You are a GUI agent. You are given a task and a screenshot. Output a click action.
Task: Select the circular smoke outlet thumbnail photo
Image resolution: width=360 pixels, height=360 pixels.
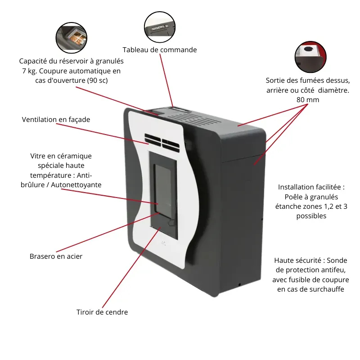tap(310, 57)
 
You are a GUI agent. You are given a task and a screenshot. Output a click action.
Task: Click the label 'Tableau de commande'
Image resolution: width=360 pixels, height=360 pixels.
tap(160, 50)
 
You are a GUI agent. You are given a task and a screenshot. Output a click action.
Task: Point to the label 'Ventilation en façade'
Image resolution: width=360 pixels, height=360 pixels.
tap(56, 120)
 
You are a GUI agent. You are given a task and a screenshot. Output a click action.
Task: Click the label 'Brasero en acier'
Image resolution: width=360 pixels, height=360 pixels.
tap(56, 256)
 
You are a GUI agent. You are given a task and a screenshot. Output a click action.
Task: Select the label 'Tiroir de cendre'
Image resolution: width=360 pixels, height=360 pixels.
tap(102, 312)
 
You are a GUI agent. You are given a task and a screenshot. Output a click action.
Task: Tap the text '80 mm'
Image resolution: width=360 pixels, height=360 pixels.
tap(308, 100)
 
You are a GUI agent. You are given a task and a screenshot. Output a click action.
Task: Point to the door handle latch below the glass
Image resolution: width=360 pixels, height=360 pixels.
tap(172, 223)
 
